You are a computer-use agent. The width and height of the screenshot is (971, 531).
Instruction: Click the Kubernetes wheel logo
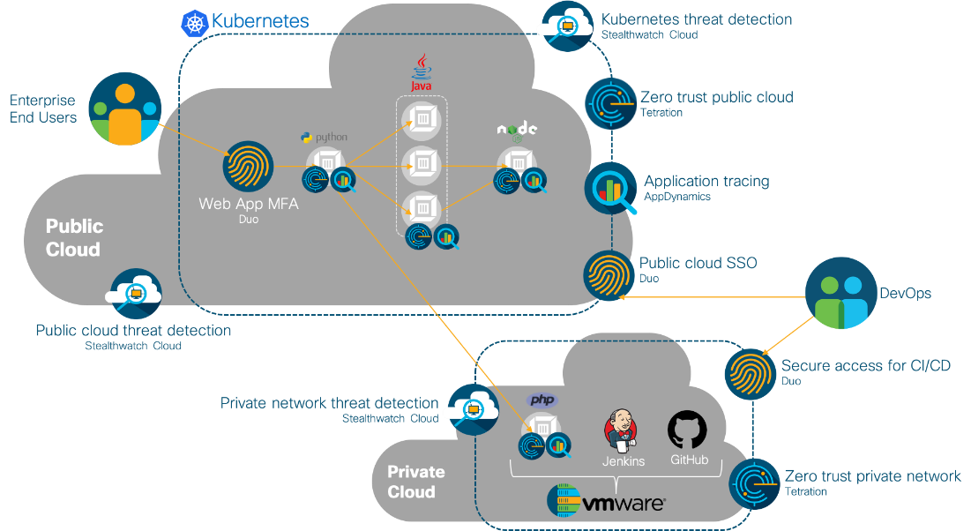point(194,22)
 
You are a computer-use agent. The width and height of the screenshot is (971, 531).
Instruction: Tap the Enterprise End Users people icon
point(125,108)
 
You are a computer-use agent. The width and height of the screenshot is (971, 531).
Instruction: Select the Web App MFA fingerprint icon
point(248,166)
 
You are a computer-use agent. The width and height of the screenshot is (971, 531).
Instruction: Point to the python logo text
point(324,138)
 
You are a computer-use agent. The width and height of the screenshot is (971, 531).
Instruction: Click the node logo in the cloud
point(517,131)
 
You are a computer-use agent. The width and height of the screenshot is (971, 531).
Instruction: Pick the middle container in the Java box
point(422,163)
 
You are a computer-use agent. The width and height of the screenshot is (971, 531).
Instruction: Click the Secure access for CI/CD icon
point(751,373)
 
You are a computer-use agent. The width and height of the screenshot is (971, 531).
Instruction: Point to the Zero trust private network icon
point(755,484)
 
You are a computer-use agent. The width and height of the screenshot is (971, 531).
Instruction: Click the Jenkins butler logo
point(623,431)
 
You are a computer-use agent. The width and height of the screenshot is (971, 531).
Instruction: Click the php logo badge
point(542,400)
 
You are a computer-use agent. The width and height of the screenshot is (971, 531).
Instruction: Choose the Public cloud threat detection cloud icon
point(134,295)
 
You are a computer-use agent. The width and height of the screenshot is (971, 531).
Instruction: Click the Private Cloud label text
point(415,482)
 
